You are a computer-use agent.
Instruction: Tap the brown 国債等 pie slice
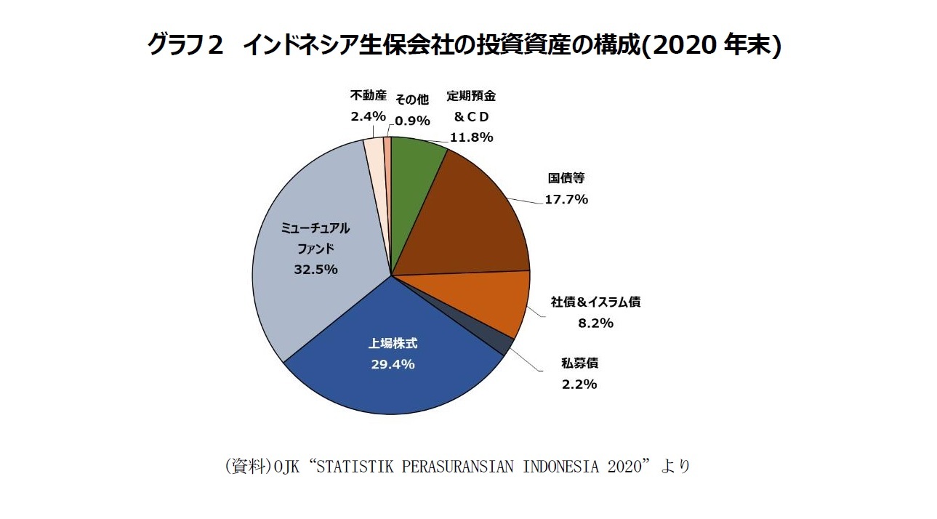465,218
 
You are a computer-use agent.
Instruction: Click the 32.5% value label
315,269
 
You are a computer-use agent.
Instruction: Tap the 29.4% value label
393,364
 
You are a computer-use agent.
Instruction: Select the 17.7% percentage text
566,199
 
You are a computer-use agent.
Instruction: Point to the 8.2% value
595,323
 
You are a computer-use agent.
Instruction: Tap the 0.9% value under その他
412,121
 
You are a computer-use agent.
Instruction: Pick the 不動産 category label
368,94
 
